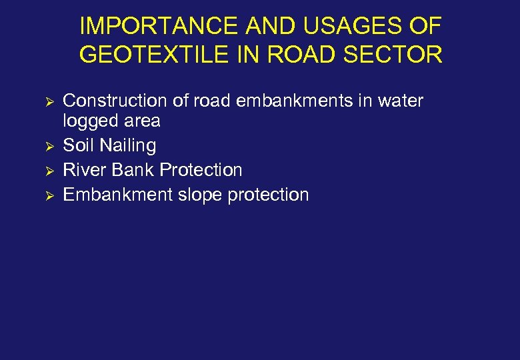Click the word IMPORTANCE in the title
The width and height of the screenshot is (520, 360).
click(x=157, y=27)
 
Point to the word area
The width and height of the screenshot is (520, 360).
click(x=141, y=121)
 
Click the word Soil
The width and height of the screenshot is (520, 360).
click(x=78, y=145)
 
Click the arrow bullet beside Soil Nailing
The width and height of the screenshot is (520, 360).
click(x=47, y=146)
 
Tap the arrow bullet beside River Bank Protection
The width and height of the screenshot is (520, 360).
click(x=47, y=171)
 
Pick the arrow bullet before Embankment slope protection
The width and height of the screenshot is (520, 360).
click(x=47, y=195)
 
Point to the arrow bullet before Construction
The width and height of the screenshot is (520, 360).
click(x=47, y=101)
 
